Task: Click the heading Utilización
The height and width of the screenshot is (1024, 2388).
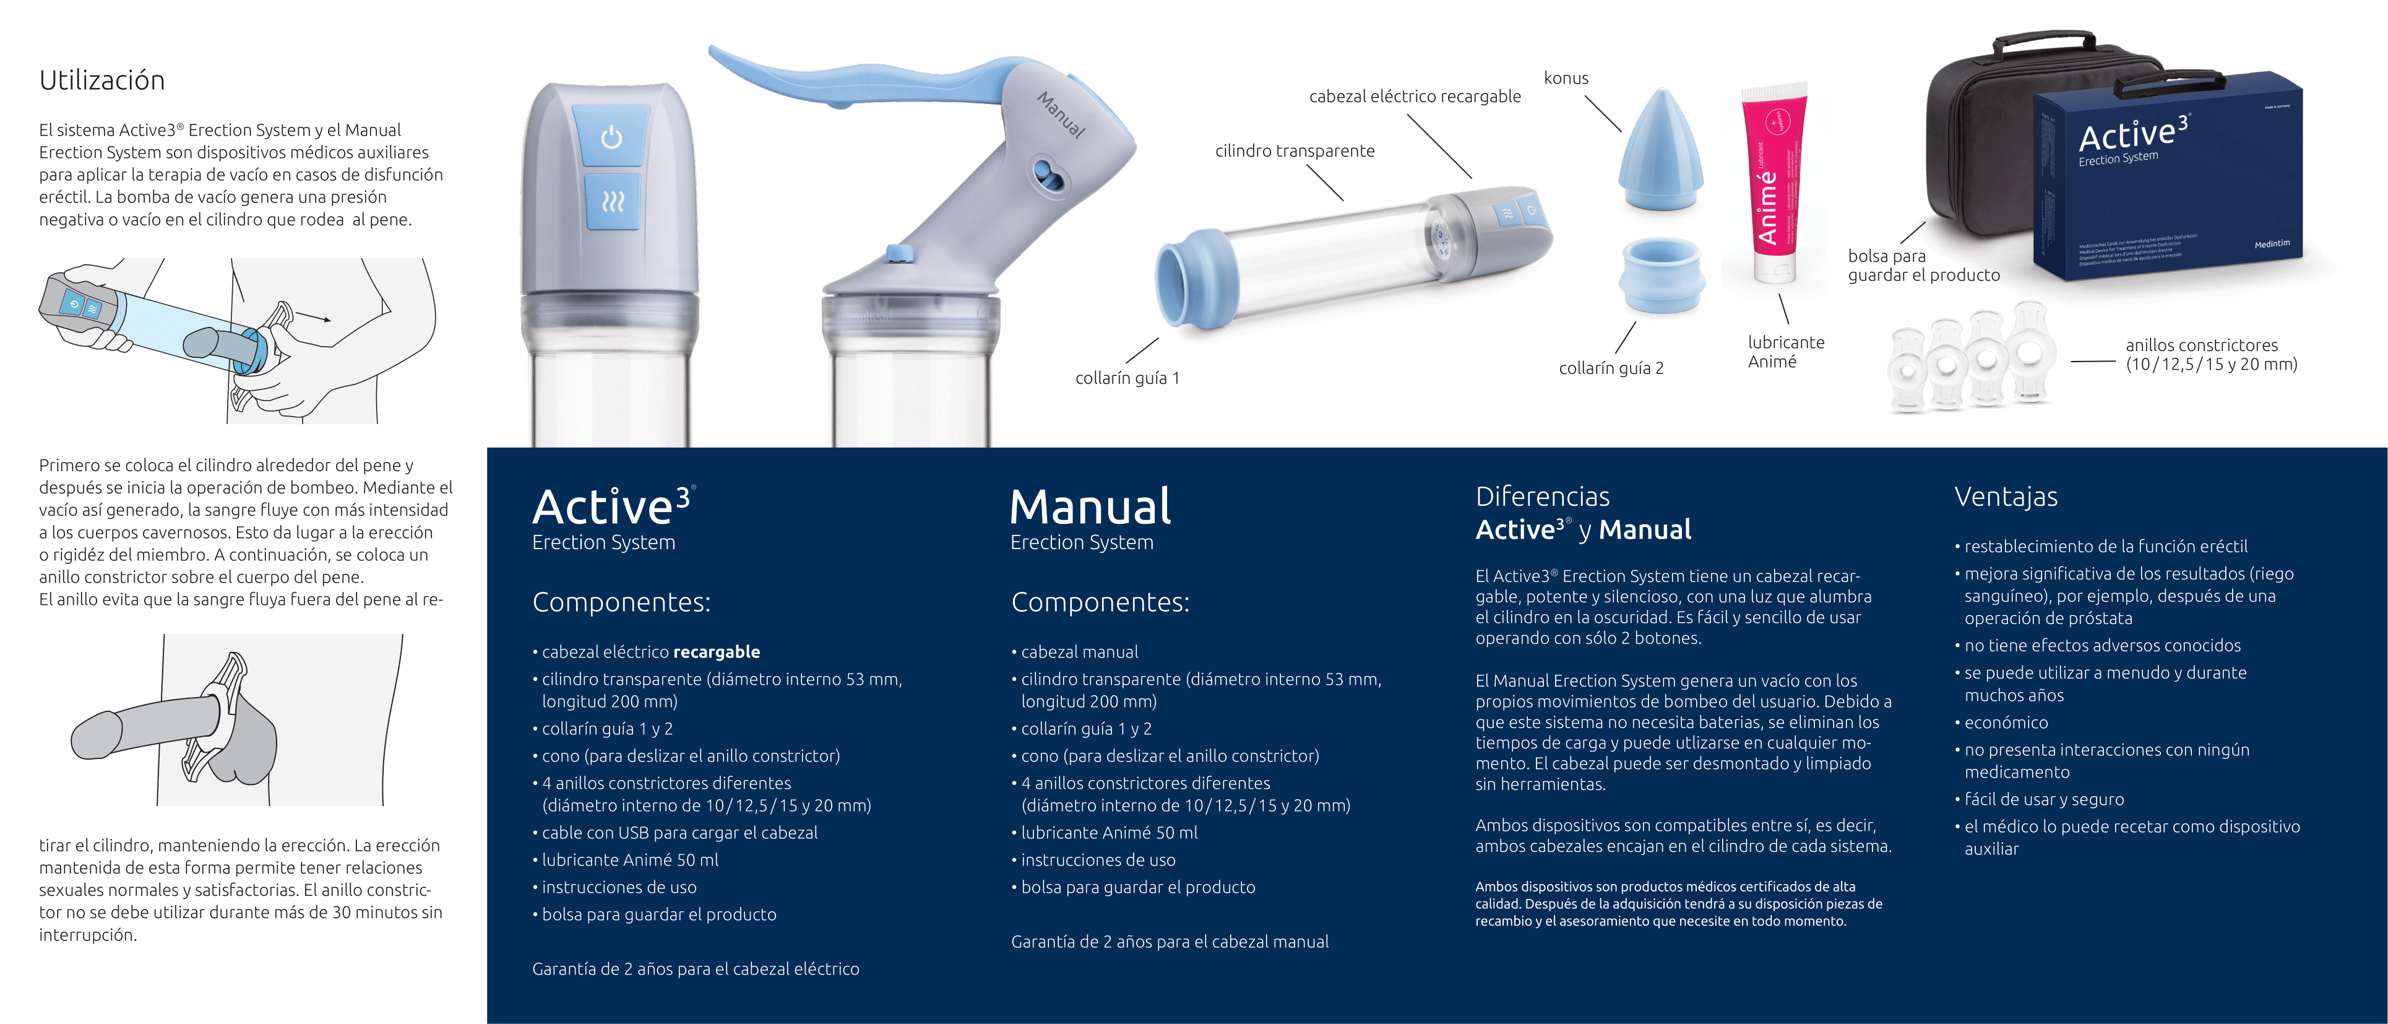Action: [102, 80]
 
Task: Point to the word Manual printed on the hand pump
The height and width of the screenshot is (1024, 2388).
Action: [1061, 115]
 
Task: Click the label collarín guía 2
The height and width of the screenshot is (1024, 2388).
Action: [1611, 368]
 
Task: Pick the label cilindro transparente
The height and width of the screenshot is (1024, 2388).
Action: [1295, 151]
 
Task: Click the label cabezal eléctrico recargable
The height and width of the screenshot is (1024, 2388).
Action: [1415, 97]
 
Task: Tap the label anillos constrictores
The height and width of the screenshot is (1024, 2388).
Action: [2202, 345]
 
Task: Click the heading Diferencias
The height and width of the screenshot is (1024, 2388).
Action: [1543, 497]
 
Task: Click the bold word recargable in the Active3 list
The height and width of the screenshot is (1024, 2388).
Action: [717, 652]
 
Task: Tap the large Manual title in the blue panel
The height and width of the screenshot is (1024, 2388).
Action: [1090, 508]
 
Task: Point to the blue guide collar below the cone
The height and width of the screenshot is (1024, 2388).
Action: [1662, 278]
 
